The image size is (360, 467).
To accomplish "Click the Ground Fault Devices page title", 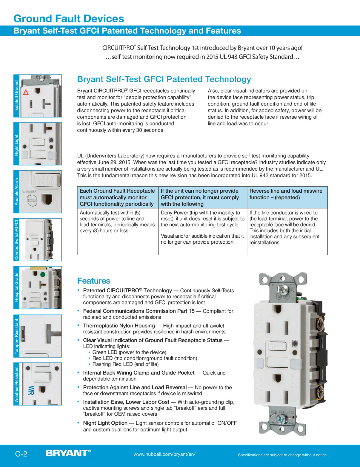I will (69, 18).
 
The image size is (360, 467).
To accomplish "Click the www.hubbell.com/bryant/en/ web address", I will (164, 454).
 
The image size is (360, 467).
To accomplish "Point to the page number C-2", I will (21, 454).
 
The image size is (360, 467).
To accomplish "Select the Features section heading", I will (94, 281).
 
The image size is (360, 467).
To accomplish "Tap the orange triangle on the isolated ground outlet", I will (26, 92).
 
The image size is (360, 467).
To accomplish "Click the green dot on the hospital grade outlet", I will (43, 274).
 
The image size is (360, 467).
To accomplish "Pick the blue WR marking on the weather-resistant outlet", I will (31, 390).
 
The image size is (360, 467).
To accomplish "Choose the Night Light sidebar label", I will (17, 145).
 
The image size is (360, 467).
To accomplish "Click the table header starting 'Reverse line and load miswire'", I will (286, 194).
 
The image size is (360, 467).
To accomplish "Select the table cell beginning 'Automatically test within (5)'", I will (117, 222).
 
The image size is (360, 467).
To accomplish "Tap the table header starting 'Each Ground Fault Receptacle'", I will (117, 197).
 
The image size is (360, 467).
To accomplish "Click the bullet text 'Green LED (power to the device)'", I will (129, 352).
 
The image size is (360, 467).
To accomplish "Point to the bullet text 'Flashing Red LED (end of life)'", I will (125, 364).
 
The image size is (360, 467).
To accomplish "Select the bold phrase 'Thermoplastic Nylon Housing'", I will (119, 326).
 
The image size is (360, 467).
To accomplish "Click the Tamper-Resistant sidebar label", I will (17, 336).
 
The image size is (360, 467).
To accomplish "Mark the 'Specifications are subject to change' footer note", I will (283, 455).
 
